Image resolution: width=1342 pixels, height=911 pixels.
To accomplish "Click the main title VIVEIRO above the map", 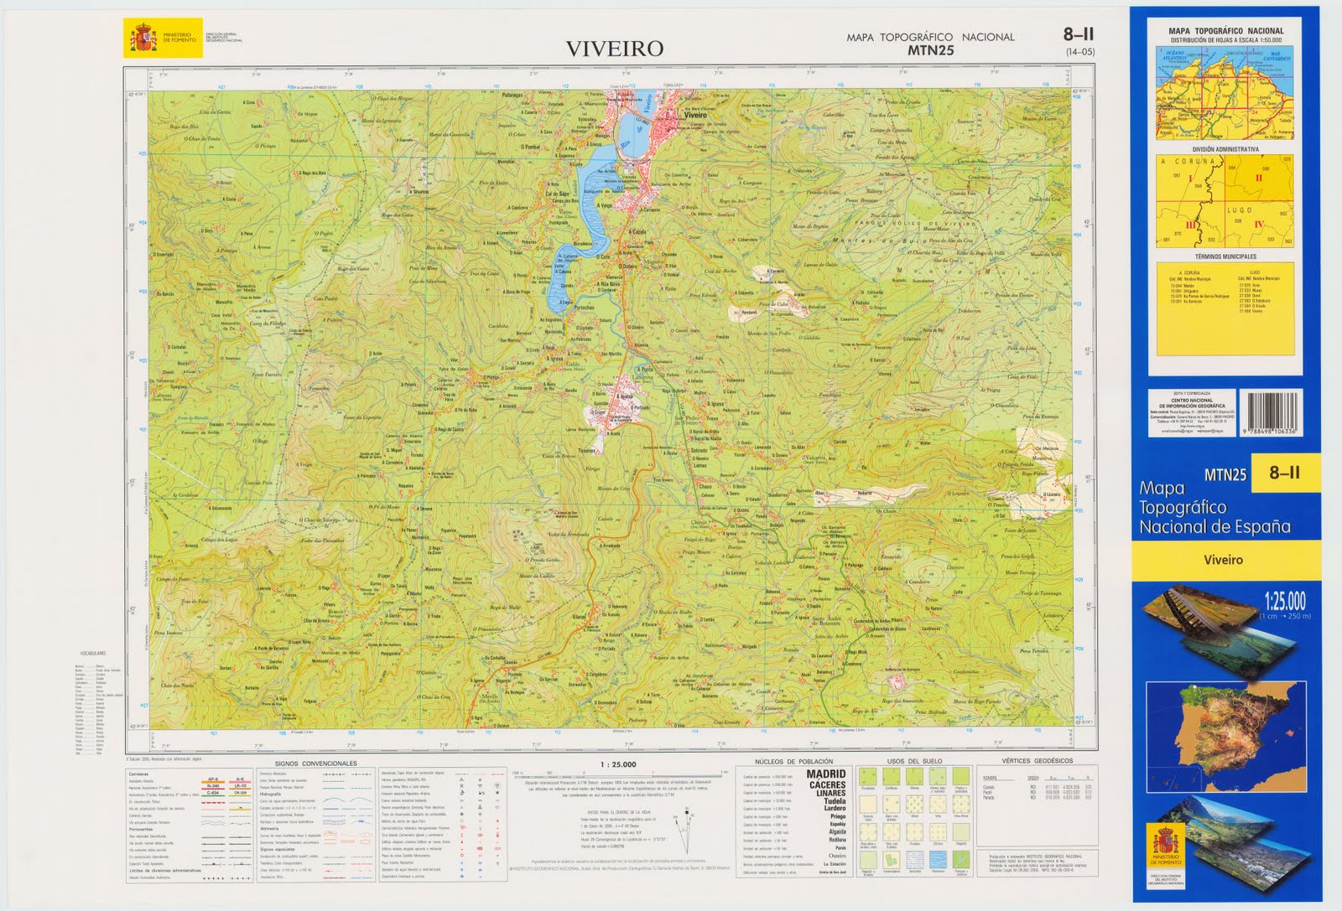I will [x=615, y=49].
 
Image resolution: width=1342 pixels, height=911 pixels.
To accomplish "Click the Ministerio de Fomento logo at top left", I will [x=162, y=39].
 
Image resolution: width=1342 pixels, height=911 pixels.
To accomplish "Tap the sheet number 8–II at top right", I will [x=1079, y=34].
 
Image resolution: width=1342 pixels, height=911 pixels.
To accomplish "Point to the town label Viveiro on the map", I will [x=695, y=116].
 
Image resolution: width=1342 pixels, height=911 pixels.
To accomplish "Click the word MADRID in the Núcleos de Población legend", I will [x=826, y=775].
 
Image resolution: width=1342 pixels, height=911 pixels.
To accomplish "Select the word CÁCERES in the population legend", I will [x=827, y=784].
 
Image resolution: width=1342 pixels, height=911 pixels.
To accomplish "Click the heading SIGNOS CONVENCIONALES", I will [x=315, y=763].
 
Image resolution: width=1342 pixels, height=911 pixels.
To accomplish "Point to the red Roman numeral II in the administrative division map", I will [x=1258, y=178].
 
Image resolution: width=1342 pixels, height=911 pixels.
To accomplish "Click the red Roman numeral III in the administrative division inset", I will [x=1189, y=225].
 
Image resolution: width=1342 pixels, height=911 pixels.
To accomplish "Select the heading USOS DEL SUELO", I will [x=914, y=761].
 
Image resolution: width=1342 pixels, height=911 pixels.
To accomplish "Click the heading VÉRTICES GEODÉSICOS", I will [x=1037, y=761].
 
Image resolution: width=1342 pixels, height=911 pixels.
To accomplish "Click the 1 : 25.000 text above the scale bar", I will [x=619, y=764].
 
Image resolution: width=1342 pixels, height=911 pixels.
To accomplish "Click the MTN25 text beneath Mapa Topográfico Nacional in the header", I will [x=930, y=50].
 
